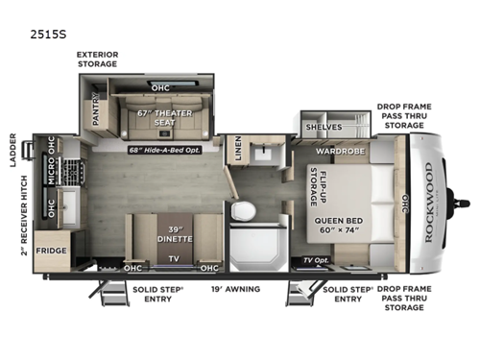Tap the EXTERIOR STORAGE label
(x=98, y=60)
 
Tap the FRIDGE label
(x=50, y=251)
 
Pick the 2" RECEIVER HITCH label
(x=14, y=221)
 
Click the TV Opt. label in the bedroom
(x=315, y=259)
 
